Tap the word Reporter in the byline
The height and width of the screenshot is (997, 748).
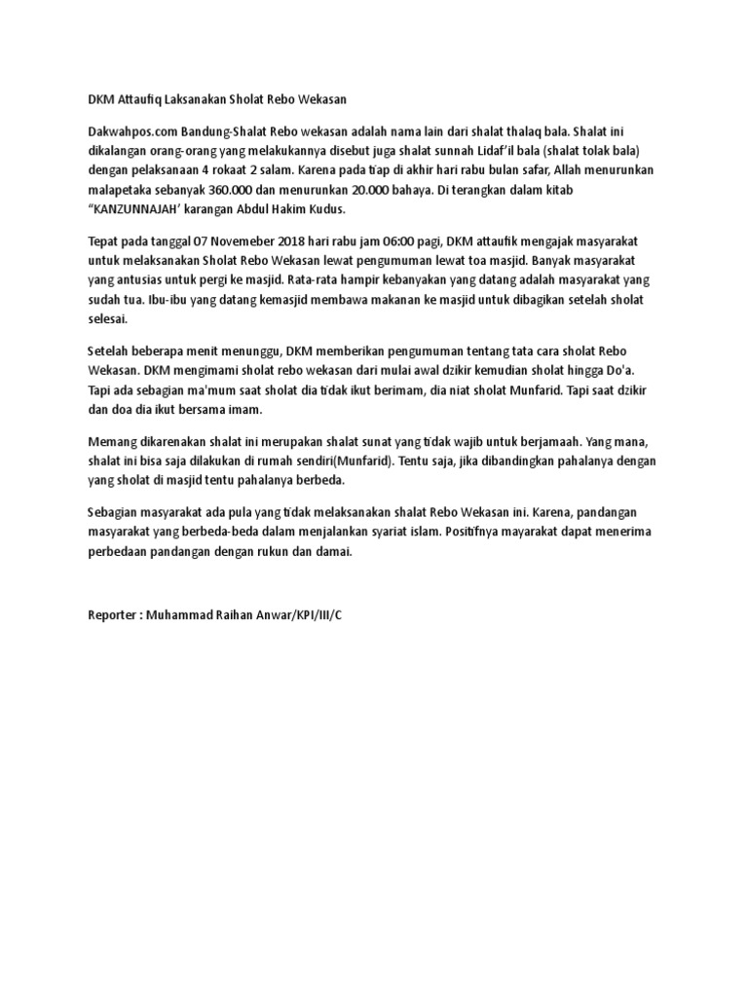click(x=115, y=616)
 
